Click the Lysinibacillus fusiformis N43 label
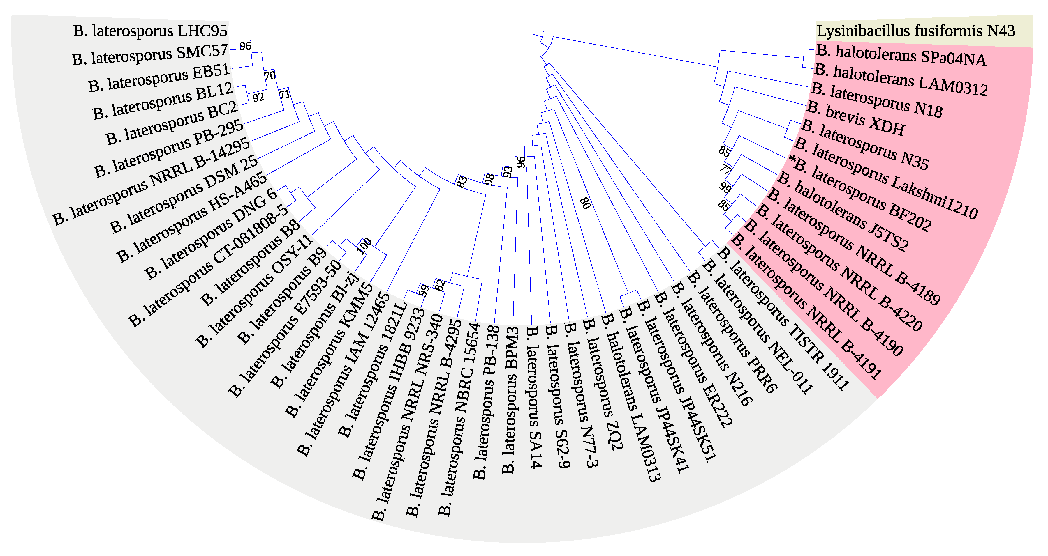[x=916, y=31]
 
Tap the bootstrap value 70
[x=270, y=76]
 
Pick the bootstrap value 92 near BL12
[x=258, y=98]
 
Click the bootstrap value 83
[x=461, y=181]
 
